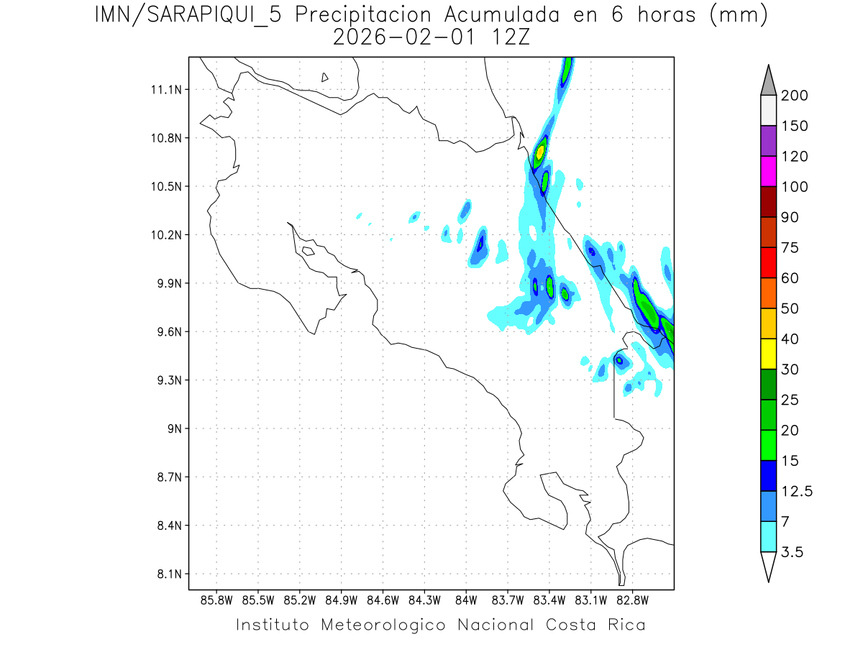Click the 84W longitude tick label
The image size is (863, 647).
466,600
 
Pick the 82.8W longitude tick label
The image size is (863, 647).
632,600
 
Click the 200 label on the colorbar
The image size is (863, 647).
794,96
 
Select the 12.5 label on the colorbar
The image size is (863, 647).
797,491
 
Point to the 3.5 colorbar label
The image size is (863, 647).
793,552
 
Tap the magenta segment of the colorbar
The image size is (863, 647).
768,171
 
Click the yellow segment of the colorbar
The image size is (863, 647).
768,354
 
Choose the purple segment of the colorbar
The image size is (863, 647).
768,141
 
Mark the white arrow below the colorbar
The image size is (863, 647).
768,566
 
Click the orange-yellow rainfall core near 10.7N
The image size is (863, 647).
540,152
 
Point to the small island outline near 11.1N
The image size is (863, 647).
325,77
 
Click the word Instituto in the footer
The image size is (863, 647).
273,625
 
